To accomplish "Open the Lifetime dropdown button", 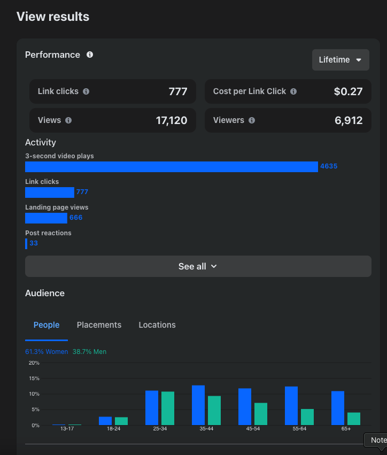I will coord(340,60).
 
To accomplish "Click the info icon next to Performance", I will coord(90,55).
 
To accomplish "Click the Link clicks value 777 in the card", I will coord(178,91).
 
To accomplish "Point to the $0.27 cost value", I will coord(348,91).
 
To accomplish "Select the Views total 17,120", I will coord(172,120).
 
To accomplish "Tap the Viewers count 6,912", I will coord(349,120).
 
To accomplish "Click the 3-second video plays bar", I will coord(171,166).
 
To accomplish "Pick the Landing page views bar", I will coord(46,218).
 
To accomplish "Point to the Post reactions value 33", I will coord(34,243).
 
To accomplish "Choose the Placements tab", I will coord(99,325).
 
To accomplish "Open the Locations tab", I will coord(157,325).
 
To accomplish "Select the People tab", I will coord(47,325).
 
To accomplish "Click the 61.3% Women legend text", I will coord(47,352).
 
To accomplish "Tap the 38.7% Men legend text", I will coord(89,352).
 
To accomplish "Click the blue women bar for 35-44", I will coord(198,405).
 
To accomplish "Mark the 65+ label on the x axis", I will coord(346,429).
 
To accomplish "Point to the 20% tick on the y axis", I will coord(34,363).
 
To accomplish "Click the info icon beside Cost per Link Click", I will coord(293,91).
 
